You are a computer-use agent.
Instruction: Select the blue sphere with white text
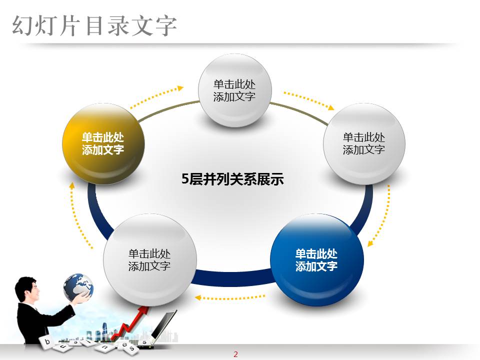[316, 259]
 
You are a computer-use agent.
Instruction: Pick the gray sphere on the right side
[364, 143]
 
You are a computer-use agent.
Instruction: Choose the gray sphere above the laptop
[149, 259]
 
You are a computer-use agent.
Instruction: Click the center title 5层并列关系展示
[232, 179]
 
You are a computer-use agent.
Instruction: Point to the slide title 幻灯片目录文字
[94, 26]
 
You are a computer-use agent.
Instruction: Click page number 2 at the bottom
[235, 354]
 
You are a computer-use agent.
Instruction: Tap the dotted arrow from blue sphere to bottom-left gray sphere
[230, 297]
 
